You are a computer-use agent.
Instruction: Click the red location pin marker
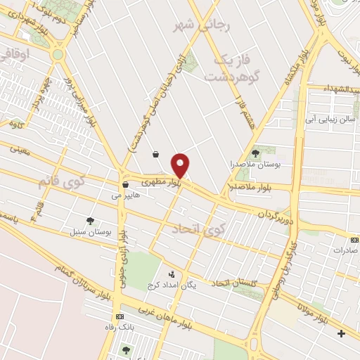click(181, 165)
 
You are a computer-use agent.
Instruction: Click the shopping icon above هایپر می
click(125, 185)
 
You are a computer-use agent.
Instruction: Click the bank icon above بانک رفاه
click(119, 316)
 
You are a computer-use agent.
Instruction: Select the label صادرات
click(345, 250)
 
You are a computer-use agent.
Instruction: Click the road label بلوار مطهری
click(161, 181)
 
